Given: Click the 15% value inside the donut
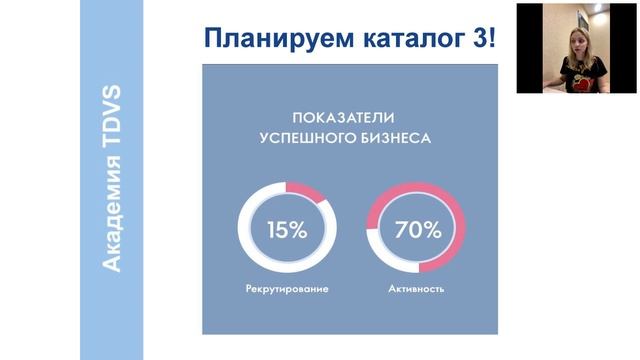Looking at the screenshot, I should [x=287, y=229].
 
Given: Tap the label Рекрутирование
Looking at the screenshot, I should [x=287, y=290].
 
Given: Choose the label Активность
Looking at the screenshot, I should [x=416, y=290].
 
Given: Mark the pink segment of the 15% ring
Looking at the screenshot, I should [x=312, y=193].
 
